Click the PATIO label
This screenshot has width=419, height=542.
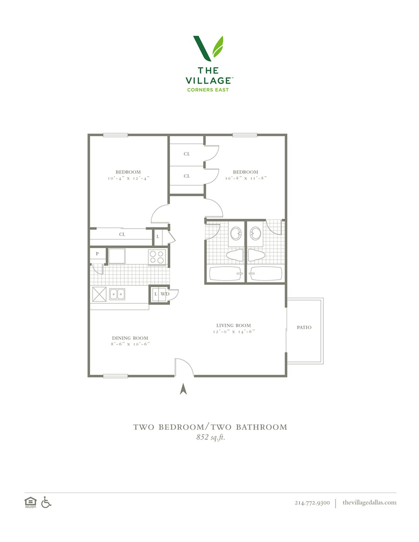point(304,327)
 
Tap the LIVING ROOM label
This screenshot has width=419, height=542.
point(233,325)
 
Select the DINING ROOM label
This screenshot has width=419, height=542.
point(130,338)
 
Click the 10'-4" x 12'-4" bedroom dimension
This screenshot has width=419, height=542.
point(128,178)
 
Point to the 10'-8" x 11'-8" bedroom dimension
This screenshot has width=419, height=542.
point(246,178)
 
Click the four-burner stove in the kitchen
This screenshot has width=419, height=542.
point(157,257)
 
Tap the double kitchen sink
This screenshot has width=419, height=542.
point(117,294)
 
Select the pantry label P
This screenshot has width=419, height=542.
point(97,254)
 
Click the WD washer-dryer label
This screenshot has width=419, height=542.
point(165,294)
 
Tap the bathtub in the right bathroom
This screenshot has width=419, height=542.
point(266,274)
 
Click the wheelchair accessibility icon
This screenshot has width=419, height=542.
point(46,502)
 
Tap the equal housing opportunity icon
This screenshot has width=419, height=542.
point(30,502)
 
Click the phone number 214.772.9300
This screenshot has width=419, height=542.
point(312,503)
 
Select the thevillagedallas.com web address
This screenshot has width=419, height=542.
point(369,502)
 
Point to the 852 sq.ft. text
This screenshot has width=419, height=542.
point(211,437)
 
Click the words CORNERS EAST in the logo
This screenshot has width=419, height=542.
point(208,90)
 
